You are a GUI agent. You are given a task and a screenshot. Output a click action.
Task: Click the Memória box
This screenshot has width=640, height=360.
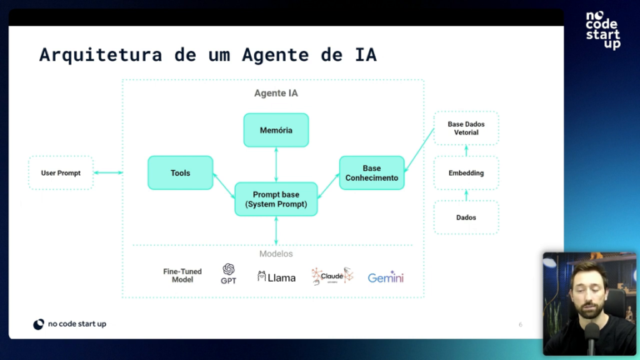276,130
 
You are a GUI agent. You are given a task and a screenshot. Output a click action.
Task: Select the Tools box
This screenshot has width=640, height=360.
180,172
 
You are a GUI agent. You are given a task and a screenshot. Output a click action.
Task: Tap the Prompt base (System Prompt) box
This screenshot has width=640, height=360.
276,199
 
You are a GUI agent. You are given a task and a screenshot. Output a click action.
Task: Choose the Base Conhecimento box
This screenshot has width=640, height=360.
372,172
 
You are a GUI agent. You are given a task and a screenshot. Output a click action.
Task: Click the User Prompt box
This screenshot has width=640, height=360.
61,172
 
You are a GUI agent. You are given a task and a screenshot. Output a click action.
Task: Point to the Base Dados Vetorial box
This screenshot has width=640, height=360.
466,128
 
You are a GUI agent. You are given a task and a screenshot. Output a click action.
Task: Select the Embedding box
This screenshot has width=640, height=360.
466,172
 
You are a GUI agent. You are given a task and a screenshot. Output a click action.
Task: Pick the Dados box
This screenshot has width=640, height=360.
466,217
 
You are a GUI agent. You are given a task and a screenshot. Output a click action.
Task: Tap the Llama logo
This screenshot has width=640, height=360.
277,277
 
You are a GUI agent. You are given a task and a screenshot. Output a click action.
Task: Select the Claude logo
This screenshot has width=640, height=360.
332,276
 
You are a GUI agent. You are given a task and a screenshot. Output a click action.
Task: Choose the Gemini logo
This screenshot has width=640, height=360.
386,277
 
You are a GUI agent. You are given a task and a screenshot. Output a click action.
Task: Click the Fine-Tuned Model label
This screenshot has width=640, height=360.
182,275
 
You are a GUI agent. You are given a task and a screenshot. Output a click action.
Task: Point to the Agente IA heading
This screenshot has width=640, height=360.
276,93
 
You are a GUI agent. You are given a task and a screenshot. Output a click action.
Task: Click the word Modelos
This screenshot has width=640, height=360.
276,253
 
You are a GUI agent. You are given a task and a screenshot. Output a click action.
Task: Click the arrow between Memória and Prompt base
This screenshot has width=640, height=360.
276,164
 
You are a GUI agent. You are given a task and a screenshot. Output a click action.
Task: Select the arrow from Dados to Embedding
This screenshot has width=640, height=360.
466,195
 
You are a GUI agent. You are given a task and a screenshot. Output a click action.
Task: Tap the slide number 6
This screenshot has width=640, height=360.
521,324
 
